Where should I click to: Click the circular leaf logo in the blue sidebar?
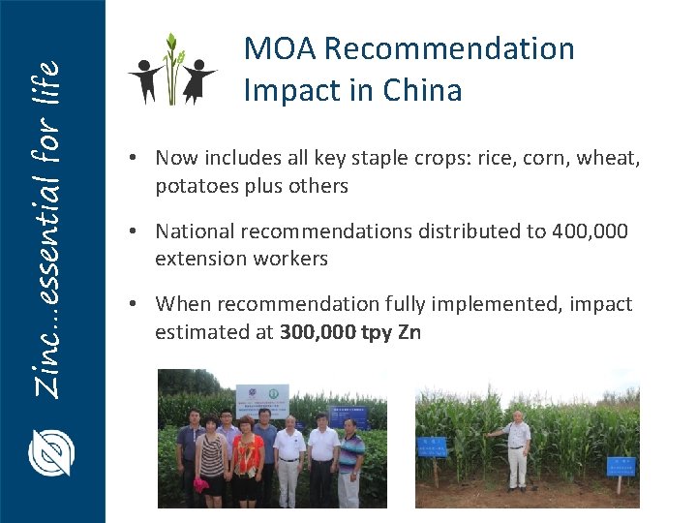click(51, 452)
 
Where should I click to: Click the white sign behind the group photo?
click(262, 401)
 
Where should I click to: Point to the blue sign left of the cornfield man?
click(432, 446)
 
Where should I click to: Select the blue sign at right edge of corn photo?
click(620, 465)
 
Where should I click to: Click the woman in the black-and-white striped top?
click(210, 459)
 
